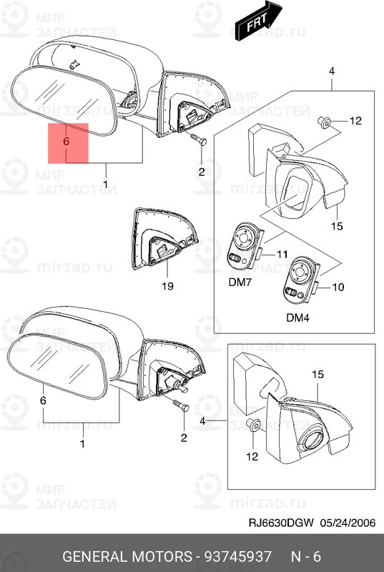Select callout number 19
point(167,287)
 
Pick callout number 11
point(282,254)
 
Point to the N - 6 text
point(305,556)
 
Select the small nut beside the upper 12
point(324,122)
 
